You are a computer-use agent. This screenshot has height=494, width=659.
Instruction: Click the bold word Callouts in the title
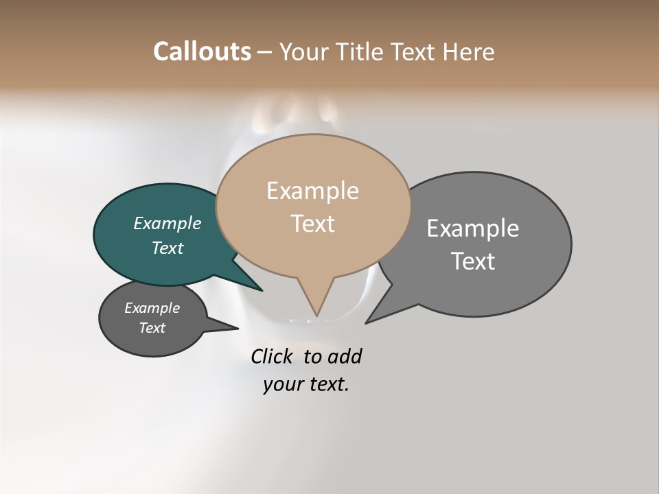point(202,51)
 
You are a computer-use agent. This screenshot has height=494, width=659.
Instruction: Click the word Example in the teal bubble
point(167,223)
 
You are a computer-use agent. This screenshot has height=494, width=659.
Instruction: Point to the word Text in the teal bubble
point(167,248)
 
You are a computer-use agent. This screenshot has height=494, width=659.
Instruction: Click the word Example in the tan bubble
point(312,191)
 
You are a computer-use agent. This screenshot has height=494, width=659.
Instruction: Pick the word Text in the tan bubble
point(312,224)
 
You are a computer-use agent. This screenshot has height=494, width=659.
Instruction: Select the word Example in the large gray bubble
point(472,228)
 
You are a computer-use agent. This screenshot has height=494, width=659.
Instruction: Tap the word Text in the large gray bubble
point(472,261)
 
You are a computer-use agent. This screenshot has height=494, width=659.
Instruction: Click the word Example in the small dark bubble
point(152,308)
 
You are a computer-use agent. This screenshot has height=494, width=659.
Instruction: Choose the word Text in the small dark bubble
point(152,328)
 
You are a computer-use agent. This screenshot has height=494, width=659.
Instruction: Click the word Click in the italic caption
point(271,357)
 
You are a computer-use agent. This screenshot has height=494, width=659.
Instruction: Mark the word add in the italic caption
point(345,357)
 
